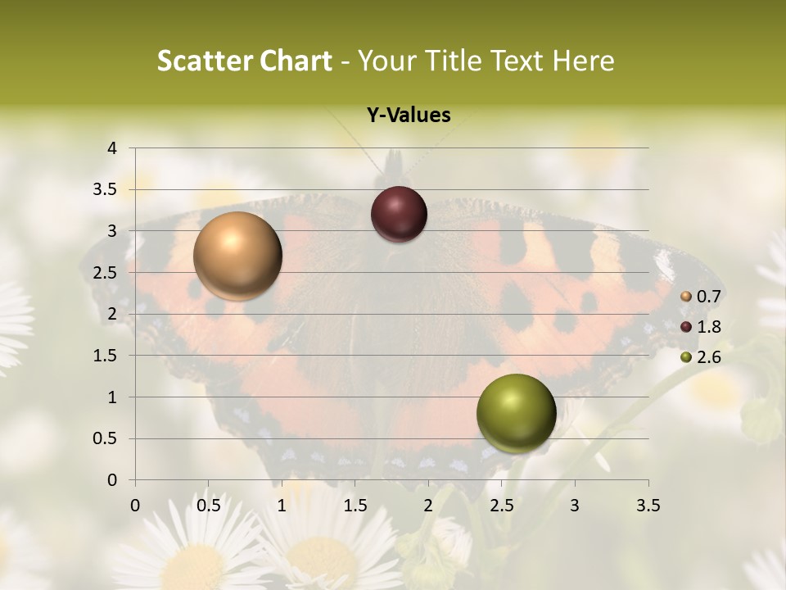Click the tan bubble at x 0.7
click(x=237, y=256)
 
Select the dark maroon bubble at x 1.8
click(x=399, y=214)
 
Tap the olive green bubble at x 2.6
click(x=516, y=413)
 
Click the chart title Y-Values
click(x=408, y=116)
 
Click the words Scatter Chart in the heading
click(x=245, y=61)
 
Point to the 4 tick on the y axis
click(x=112, y=148)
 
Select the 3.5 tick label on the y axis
click(x=106, y=190)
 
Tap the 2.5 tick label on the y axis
click(x=106, y=273)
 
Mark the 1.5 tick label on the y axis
click(x=106, y=356)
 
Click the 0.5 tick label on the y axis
click(x=106, y=438)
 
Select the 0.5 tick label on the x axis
click(x=208, y=506)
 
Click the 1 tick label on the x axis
click(x=282, y=506)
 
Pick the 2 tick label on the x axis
click(x=428, y=506)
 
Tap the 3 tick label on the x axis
click(x=575, y=506)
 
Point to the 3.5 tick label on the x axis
click(x=648, y=506)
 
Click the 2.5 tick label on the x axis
click(x=501, y=506)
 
